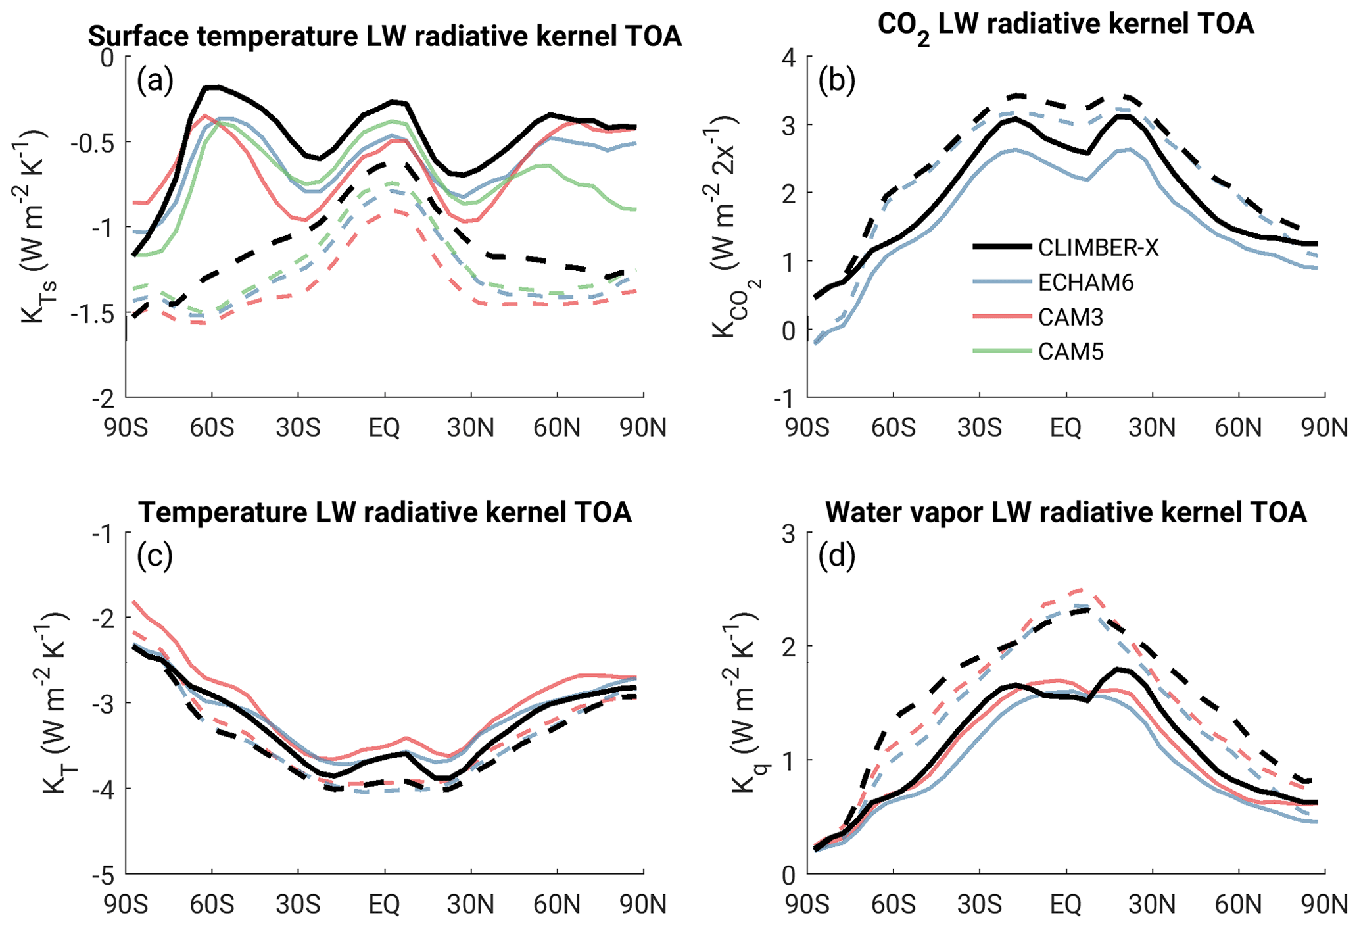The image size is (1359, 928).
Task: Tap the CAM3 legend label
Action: click(1070, 317)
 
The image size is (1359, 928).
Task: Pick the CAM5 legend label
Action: click(1070, 352)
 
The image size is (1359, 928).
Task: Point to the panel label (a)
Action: click(155, 81)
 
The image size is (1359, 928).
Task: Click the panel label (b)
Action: click(836, 81)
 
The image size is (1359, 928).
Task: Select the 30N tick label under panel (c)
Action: click(471, 905)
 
